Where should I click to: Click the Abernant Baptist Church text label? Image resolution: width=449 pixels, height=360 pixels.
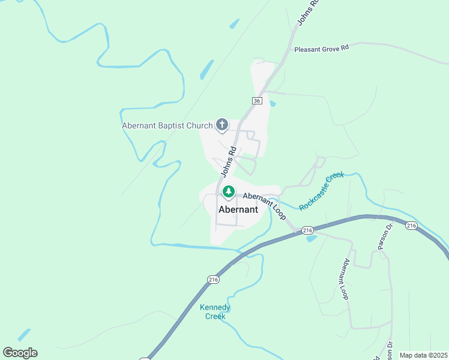pyautogui.click(x=167, y=126)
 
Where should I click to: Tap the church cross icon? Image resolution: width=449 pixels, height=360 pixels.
pyautogui.click(x=222, y=125)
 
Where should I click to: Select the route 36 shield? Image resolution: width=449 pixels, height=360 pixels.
pyautogui.click(x=257, y=101)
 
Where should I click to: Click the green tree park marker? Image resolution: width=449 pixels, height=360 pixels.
pyautogui.click(x=228, y=192)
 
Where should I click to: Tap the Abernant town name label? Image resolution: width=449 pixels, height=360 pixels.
pyautogui.click(x=238, y=210)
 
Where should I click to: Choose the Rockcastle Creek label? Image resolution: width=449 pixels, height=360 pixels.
pyautogui.click(x=321, y=190)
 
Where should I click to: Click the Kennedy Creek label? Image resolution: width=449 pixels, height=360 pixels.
pyautogui.click(x=215, y=312)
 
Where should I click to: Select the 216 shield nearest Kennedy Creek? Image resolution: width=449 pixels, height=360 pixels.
pyautogui.click(x=213, y=280)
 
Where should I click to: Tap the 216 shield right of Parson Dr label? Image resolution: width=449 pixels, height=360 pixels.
pyautogui.click(x=411, y=226)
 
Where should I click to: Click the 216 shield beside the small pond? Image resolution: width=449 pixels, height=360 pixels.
pyautogui.click(x=307, y=230)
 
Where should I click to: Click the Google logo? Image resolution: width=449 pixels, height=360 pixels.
pyautogui.click(x=20, y=353)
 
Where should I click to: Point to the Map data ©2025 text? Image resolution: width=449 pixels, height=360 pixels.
pyautogui.click(x=423, y=355)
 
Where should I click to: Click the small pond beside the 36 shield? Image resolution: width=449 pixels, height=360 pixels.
pyautogui.click(x=273, y=104)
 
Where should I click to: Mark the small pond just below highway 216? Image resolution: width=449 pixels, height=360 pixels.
pyautogui.click(x=311, y=239)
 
